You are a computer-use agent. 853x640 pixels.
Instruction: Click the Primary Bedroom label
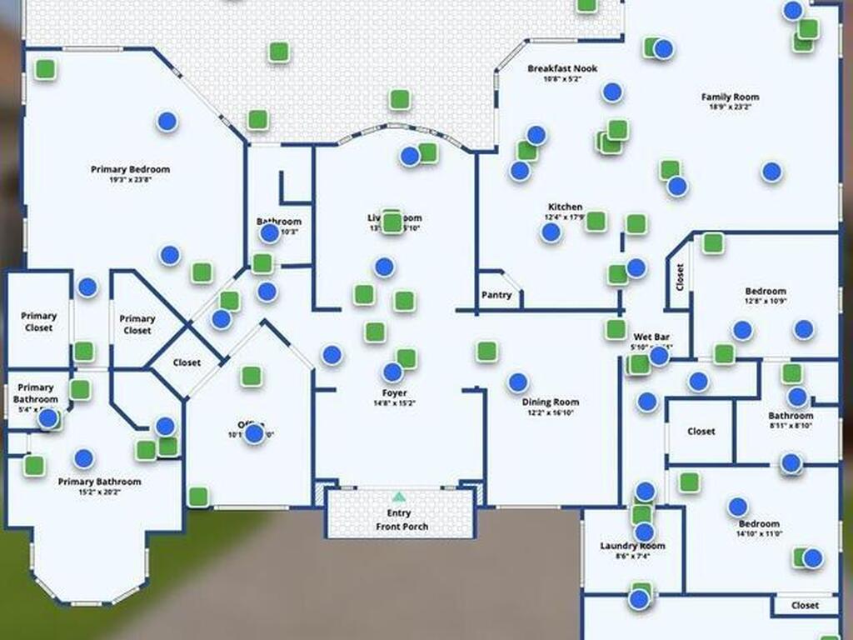(130, 169)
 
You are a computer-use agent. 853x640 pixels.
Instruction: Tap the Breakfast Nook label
(562, 68)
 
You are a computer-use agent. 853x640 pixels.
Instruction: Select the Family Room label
(730, 97)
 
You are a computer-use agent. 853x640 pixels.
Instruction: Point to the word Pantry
(496, 295)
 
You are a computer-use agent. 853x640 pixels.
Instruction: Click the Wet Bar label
(646, 337)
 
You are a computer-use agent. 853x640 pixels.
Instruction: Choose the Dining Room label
(550, 402)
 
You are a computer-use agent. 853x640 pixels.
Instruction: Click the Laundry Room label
(632, 546)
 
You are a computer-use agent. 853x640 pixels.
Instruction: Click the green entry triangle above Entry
(399, 497)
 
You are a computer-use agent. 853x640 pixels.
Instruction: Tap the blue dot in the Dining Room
(518, 382)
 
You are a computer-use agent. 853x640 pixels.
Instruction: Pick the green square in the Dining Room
(487, 351)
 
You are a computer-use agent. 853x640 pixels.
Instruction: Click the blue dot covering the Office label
(255, 433)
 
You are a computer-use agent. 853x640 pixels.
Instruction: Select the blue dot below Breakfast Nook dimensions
(612, 92)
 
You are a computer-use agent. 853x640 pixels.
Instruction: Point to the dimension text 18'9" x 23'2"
(730, 107)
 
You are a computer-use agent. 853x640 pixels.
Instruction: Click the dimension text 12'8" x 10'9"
(765, 301)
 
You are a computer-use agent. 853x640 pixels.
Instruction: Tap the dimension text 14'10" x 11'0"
(758, 533)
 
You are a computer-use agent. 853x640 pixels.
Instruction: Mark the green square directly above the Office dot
(251, 376)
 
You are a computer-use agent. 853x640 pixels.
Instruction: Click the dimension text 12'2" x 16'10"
(550, 412)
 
